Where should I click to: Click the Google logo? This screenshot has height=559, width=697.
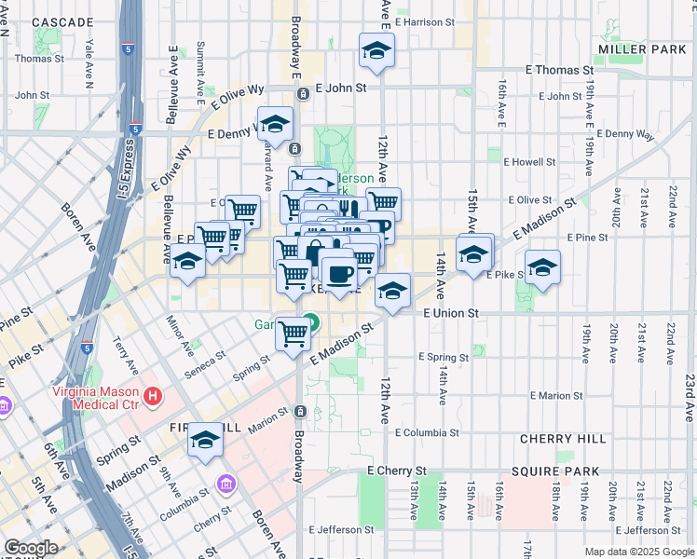(x=31, y=548)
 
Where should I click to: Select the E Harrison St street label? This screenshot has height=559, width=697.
(x=424, y=20)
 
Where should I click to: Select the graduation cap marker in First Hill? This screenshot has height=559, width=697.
(x=204, y=442)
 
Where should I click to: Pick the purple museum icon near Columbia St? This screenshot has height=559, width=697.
(x=225, y=484)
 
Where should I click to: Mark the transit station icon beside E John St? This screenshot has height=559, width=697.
(x=303, y=93)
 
